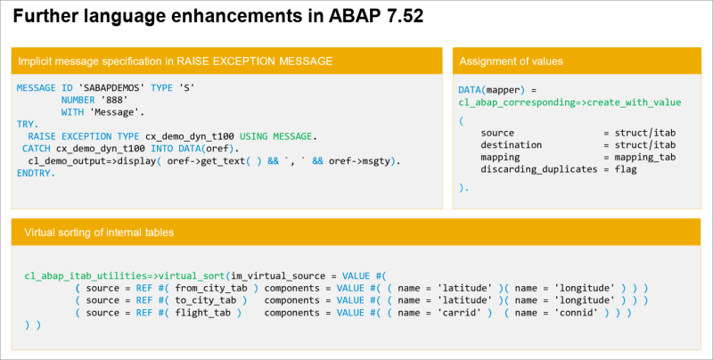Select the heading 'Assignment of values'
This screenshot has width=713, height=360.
(x=511, y=61)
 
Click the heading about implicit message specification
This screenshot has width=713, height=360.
(x=176, y=61)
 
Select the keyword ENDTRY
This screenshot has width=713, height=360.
(x=36, y=173)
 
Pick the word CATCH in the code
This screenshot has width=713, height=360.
(x=36, y=149)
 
